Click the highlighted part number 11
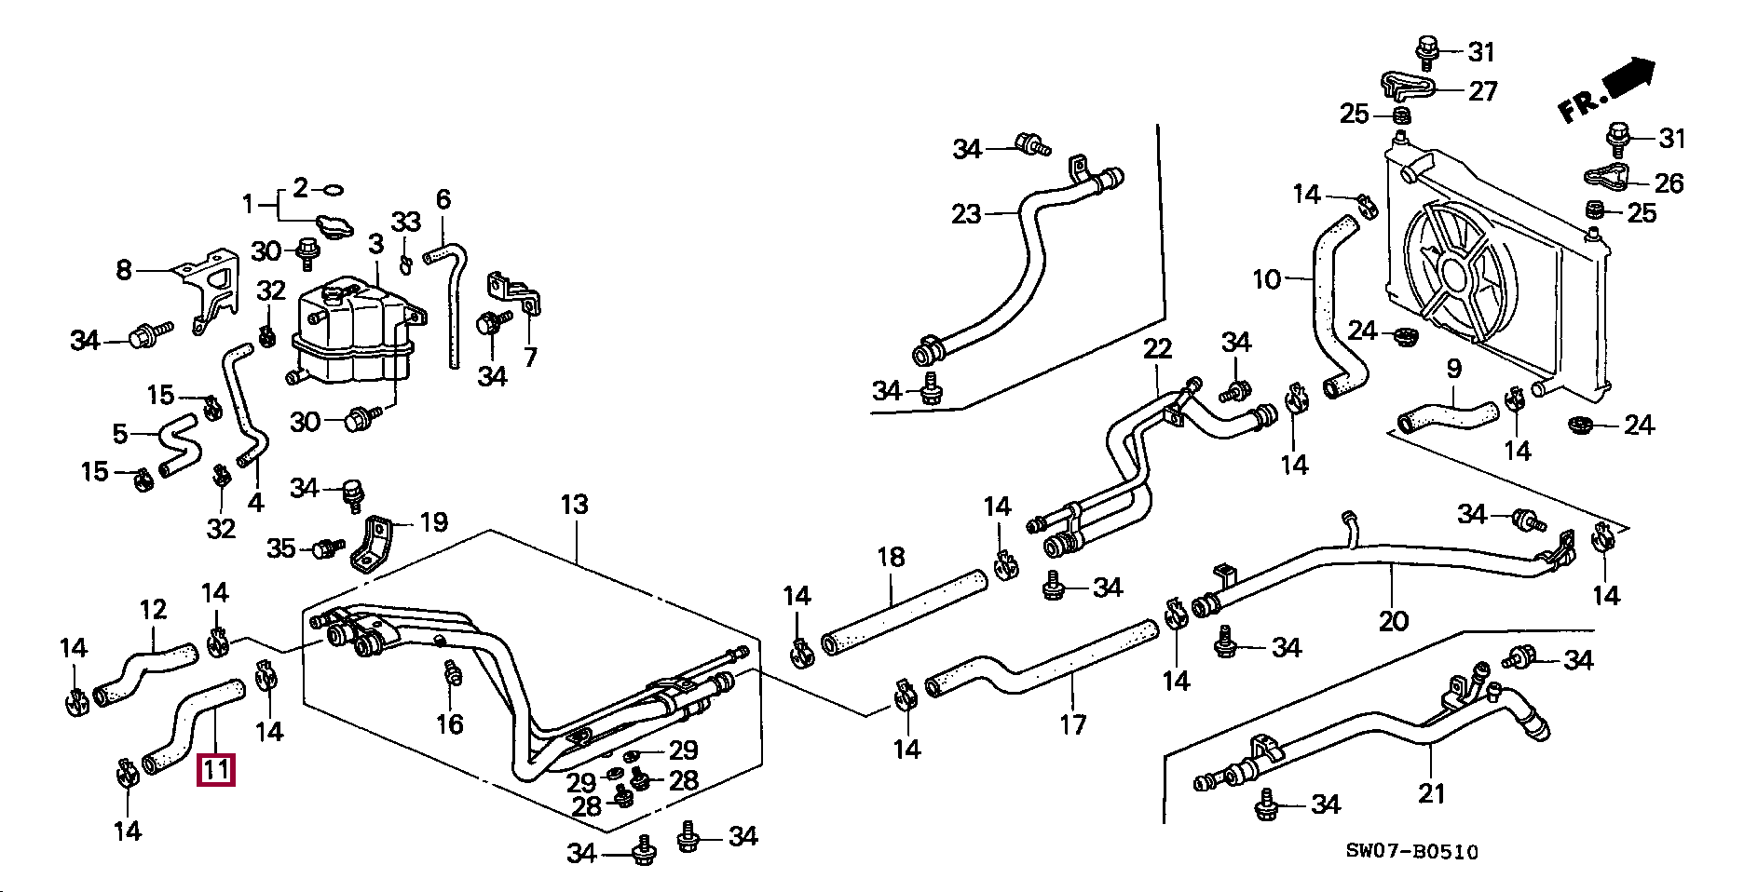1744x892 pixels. coord(215,770)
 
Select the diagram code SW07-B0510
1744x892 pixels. coord(1411,851)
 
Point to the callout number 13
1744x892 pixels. coord(574,505)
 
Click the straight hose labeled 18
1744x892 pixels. coord(904,612)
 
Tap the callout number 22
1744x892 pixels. coord(1157,349)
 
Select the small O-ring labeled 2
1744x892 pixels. coord(332,190)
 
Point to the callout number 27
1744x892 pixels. coord(1482,90)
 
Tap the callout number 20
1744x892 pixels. coord(1393,620)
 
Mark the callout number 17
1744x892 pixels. coord(1072,724)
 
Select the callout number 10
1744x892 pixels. coord(1266,278)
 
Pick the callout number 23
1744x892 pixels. coord(966,214)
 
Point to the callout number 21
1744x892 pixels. coord(1432,793)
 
